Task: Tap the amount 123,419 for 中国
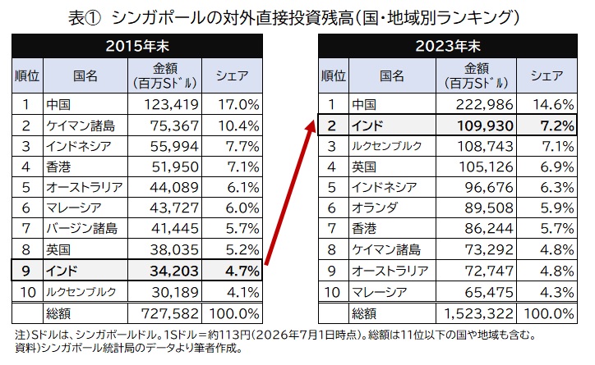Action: pyautogui.click(x=168, y=104)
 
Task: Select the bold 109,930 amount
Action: pyautogui.click(x=482, y=125)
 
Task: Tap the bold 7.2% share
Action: pyautogui.click(x=551, y=125)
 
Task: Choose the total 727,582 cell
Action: pyautogui.click(x=168, y=313)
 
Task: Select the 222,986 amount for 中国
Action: pyautogui.click(x=482, y=104)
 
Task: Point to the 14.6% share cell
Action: pyautogui.click(x=551, y=104)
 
